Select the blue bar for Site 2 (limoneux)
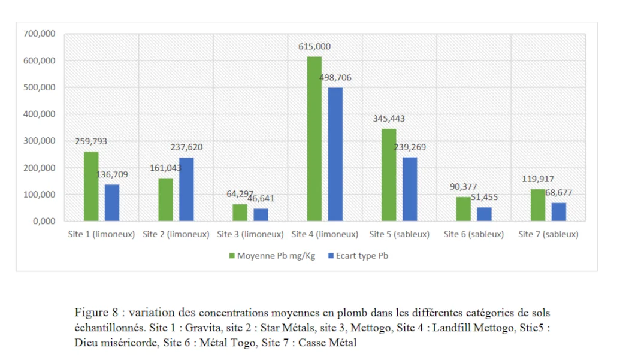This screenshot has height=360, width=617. pos(186,189)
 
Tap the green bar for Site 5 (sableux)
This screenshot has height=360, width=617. pos(389,175)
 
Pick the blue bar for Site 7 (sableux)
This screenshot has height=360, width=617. pos(559,212)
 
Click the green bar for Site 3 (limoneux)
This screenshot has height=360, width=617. pos(240,213)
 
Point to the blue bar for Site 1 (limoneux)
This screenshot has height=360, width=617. pos(112,203)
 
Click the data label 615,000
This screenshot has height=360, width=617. pos(314,47)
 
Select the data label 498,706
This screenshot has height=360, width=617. pos(336,78)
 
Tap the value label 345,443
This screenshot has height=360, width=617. pos(389,119)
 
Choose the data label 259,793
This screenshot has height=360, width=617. pos(91,142)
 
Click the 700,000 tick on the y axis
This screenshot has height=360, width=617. pos(40,34)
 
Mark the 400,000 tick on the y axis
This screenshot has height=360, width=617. pos(40,114)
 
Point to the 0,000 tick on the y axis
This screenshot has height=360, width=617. pos(43,222)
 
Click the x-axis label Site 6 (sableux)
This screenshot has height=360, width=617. pos(474,235)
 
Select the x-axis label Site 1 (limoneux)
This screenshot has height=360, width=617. pos(101,235)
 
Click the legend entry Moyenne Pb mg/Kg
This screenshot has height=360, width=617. pos(276,256)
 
